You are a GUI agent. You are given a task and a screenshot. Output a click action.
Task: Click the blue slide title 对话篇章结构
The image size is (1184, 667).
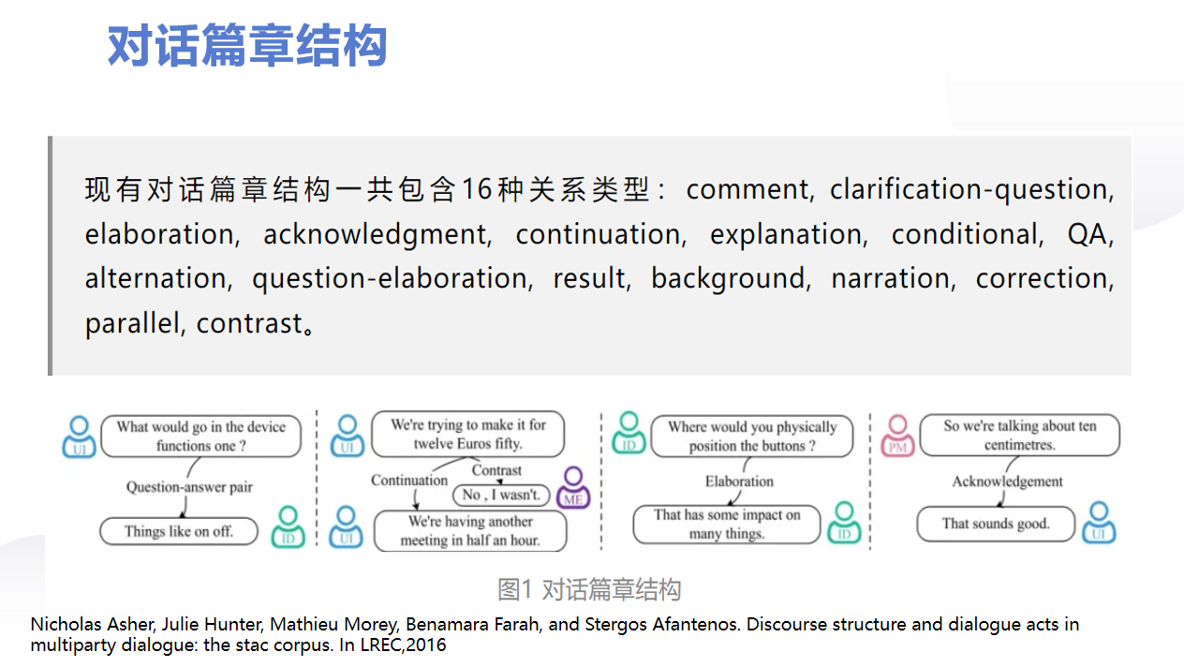[247, 46]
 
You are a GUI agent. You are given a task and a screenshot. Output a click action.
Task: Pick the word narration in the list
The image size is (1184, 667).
[891, 278]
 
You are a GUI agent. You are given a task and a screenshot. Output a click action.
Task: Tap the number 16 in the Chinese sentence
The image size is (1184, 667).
[477, 189]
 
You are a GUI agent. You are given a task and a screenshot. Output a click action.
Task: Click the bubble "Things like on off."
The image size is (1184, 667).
[179, 531]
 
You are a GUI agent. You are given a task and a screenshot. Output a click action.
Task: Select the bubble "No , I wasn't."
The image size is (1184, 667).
[501, 496]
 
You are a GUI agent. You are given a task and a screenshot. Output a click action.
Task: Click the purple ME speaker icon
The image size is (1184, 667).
[573, 487]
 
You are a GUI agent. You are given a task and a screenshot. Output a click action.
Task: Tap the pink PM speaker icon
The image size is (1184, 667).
[897, 436]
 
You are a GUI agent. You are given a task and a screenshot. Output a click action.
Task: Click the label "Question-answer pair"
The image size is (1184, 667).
[189, 487]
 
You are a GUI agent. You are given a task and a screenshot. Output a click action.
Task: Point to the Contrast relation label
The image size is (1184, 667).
[496, 470]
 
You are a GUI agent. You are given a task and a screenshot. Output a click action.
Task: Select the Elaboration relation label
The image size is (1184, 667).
[739, 482]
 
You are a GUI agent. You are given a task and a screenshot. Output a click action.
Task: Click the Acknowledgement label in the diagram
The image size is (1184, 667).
[1008, 482]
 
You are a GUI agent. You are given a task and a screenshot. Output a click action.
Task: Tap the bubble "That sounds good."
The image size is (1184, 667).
[996, 524]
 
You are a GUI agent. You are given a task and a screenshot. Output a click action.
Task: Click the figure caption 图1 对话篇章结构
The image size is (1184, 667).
[589, 589]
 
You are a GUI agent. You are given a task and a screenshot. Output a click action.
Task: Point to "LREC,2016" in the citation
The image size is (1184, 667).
[404, 645]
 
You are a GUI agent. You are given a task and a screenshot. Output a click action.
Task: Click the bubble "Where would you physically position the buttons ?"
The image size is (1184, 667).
[751, 436]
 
